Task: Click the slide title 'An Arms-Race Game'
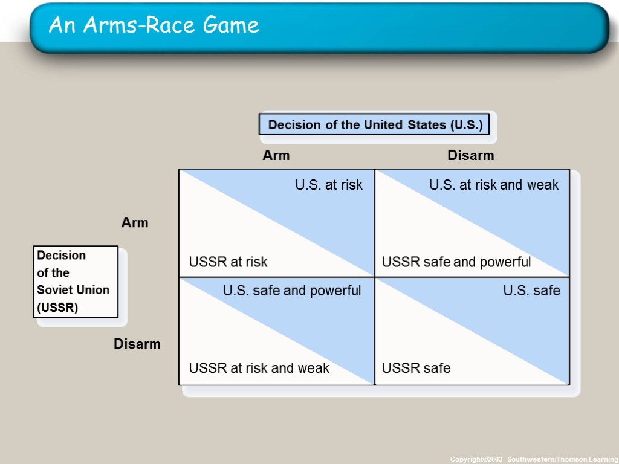tap(154, 25)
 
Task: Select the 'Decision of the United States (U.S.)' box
tap(375, 125)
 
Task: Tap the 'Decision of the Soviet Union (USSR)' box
tap(75, 281)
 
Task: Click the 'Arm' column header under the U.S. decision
tap(276, 156)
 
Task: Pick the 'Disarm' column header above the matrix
tap(470, 156)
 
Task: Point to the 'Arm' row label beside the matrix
tap(135, 223)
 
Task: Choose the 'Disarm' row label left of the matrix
tap(137, 344)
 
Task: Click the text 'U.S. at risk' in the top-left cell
tap(329, 185)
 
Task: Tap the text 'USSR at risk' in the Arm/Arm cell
tap(228, 262)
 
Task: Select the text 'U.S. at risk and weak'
tap(494, 185)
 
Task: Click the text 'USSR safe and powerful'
tap(456, 262)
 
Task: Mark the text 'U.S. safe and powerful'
tap(292, 291)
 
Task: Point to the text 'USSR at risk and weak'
tap(259, 368)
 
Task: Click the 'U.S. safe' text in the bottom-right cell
tap(531, 291)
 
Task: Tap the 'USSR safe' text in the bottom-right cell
tap(416, 368)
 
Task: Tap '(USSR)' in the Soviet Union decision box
tap(57, 307)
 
